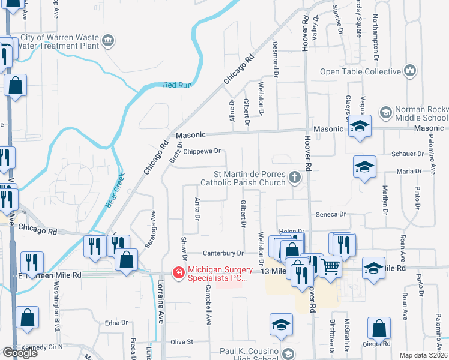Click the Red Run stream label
177,85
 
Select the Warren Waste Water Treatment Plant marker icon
108,41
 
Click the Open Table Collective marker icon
411,71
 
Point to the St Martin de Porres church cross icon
294,177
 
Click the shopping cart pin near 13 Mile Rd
330,265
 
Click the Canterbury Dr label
222,253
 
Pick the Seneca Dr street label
334,214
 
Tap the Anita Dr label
196,209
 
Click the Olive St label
181,341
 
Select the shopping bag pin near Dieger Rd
380,328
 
